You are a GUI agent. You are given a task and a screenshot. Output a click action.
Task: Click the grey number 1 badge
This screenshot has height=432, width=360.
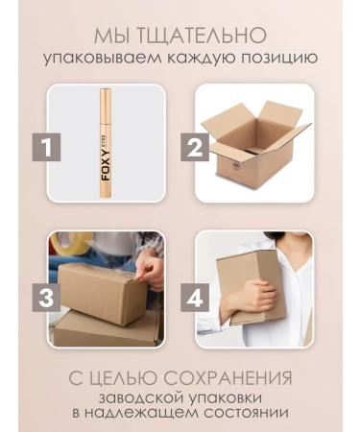(x=52, y=149)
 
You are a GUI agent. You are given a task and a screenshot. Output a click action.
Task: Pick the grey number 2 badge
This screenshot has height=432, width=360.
(x=196, y=149)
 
